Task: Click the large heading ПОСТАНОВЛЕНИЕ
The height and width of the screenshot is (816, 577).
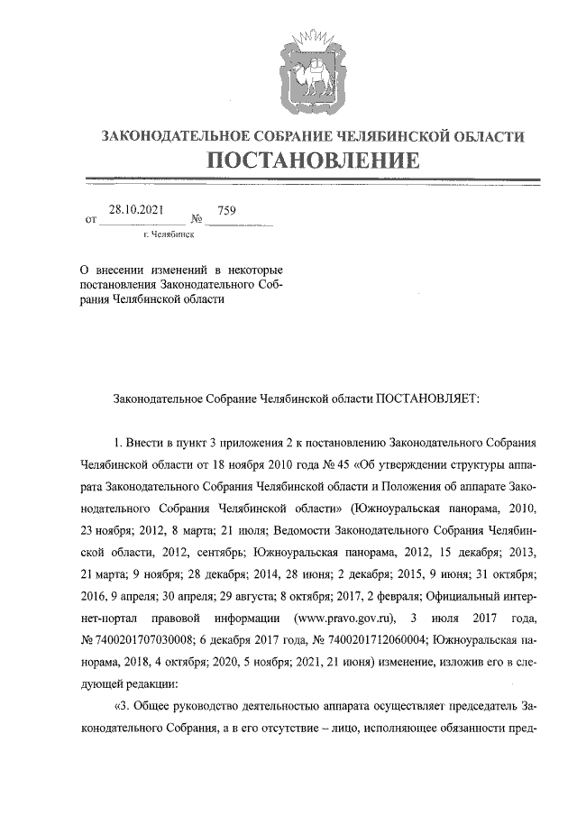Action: pos(313,161)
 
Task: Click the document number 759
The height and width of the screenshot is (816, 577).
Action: pos(226,210)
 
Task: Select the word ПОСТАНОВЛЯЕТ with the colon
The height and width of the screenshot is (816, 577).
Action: pos(432,396)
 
